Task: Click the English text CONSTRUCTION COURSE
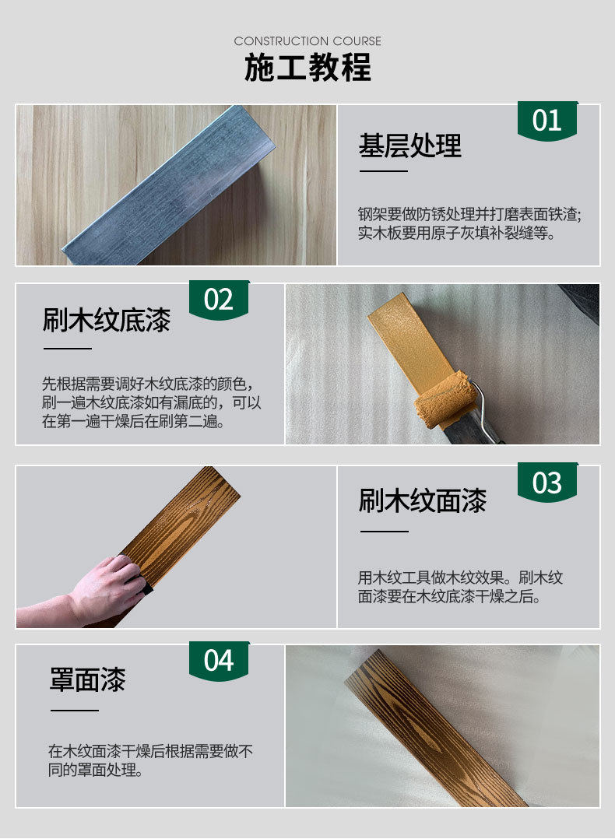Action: (x=307, y=41)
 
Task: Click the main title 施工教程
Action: (x=307, y=68)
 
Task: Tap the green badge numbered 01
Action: (x=547, y=121)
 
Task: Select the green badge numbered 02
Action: (x=219, y=300)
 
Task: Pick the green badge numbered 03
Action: (x=547, y=482)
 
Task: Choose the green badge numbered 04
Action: (x=219, y=661)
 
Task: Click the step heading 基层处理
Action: (x=410, y=146)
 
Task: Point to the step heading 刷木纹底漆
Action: (x=107, y=320)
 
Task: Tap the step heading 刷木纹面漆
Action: (x=423, y=501)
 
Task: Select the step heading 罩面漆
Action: (x=88, y=679)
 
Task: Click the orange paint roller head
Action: (x=446, y=399)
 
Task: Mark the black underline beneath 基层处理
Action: (x=384, y=171)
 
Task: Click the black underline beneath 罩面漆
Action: (x=75, y=711)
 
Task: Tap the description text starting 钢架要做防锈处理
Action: (x=469, y=223)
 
